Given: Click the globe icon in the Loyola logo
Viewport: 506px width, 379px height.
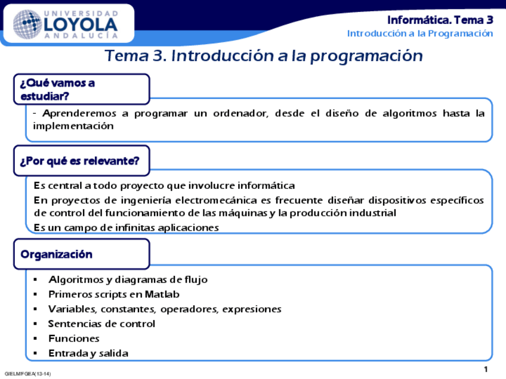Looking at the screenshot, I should click(x=27, y=24).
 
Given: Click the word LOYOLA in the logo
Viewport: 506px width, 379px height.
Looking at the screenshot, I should click(x=81, y=24).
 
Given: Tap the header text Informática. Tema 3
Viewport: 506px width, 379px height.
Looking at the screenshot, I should click(x=440, y=20).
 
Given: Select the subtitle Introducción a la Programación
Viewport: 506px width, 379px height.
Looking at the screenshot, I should click(x=420, y=33).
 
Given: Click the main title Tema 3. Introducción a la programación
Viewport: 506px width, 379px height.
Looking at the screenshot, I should click(x=263, y=56).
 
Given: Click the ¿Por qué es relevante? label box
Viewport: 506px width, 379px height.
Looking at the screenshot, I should click(x=81, y=161).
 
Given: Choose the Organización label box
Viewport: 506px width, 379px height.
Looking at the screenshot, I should click(x=81, y=254).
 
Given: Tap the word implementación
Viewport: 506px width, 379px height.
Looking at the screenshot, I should click(x=73, y=126).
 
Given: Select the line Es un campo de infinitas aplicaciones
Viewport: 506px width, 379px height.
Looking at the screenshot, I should click(x=126, y=228).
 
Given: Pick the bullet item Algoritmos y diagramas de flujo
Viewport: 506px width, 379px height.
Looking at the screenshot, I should click(x=128, y=279).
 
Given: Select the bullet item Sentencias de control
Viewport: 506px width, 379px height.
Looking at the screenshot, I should click(x=101, y=324).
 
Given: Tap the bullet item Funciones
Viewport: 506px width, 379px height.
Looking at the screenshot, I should click(x=73, y=338).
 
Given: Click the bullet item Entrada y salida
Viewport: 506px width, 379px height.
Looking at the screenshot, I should click(x=88, y=353).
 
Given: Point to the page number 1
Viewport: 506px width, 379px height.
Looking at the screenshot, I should click(x=486, y=369).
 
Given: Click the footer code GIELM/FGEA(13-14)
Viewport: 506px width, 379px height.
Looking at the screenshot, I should click(x=27, y=374).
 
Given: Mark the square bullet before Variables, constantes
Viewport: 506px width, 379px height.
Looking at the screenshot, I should click(x=36, y=309).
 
